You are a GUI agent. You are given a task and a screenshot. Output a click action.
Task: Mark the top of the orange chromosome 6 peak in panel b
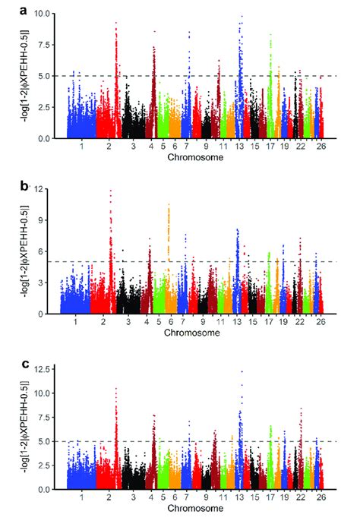point(169,204)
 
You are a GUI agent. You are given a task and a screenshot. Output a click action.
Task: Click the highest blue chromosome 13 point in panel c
point(242,371)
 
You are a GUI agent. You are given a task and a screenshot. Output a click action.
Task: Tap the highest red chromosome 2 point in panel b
point(112,191)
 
